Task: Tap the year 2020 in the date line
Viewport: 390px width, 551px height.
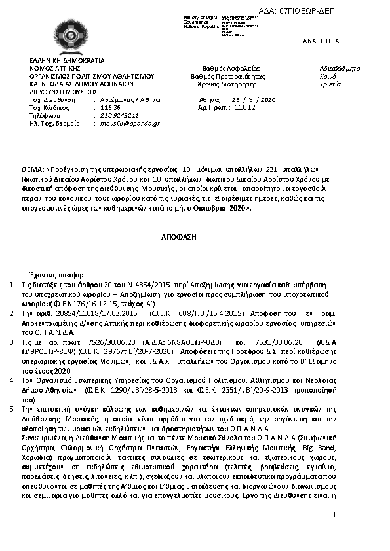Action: (x=268, y=99)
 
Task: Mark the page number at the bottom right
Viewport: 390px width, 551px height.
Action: (x=334, y=516)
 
